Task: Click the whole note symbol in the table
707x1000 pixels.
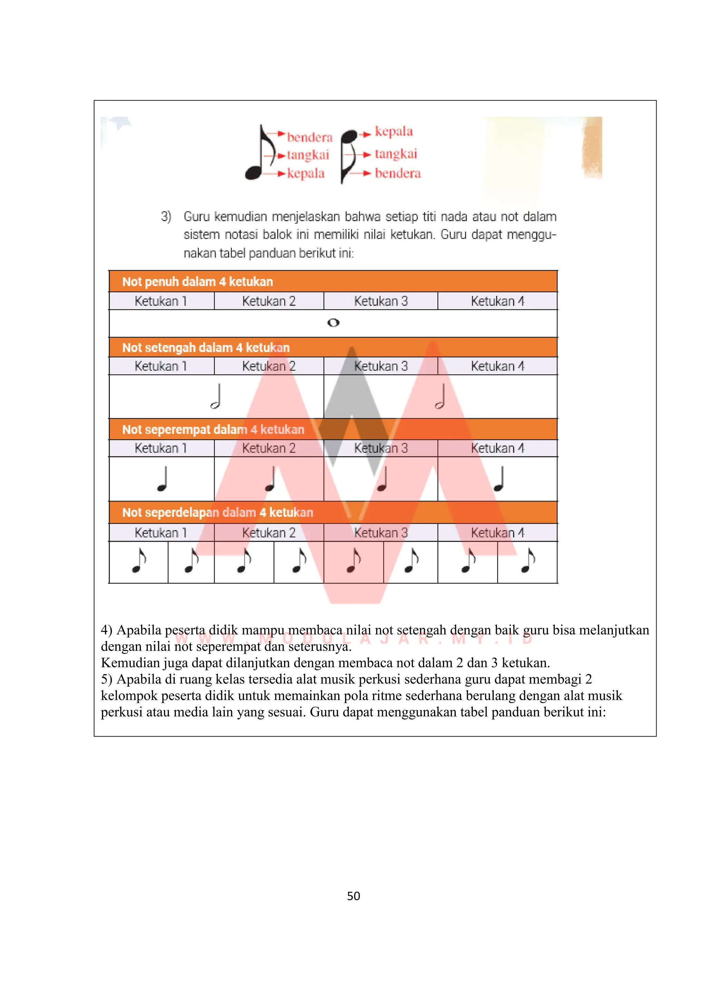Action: click(x=333, y=323)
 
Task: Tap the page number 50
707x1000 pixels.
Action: click(x=353, y=896)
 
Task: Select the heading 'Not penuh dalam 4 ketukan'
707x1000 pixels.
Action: click(x=198, y=282)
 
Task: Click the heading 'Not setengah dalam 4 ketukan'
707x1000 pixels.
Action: click(x=206, y=348)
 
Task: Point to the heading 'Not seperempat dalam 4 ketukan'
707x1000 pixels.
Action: click(x=213, y=430)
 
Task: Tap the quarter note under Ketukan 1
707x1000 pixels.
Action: click(x=163, y=479)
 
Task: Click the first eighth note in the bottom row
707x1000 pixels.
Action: click(x=138, y=561)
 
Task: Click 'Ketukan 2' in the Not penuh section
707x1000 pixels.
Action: click(x=269, y=301)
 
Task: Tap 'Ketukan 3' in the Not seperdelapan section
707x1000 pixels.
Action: click(x=380, y=533)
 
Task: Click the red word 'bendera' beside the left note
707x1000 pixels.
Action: click(x=310, y=138)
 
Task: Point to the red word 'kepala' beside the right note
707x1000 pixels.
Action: click(x=394, y=132)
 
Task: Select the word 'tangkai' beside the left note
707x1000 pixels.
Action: click(x=308, y=155)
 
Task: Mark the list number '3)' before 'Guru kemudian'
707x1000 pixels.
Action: click(x=166, y=217)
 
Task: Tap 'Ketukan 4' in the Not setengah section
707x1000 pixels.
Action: click(x=497, y=366)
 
